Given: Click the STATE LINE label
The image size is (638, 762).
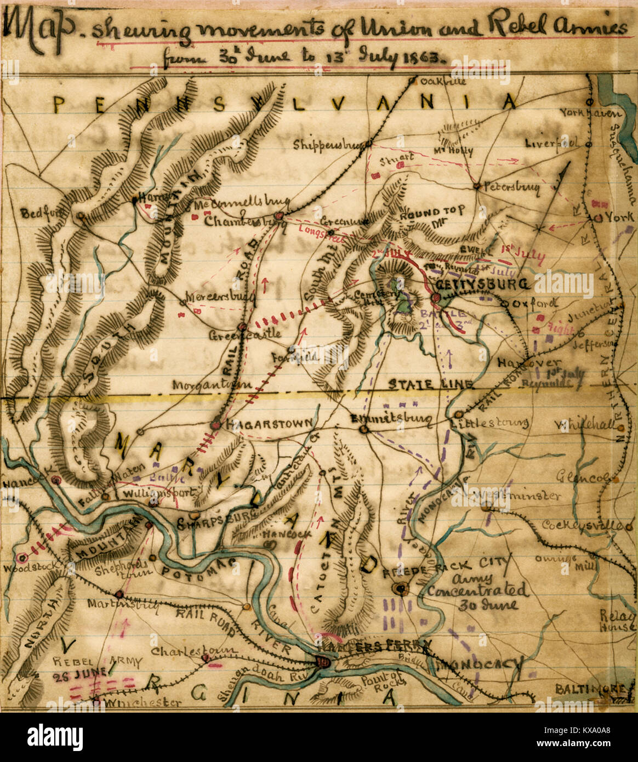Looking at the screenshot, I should click(431, 385).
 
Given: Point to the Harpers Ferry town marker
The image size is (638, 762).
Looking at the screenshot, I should click(323, 662).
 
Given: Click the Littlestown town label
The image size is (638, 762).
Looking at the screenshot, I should click(489, 423).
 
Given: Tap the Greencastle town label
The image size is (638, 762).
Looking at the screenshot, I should click(244, 334).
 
